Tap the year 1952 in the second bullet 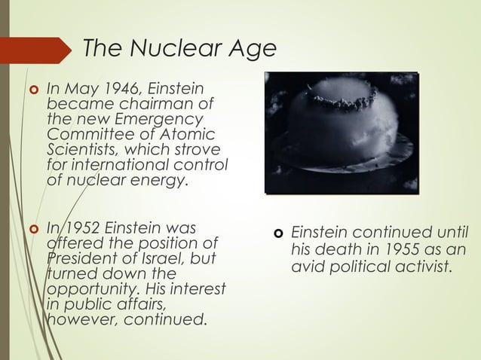[x=81, y=228]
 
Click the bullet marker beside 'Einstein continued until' [x=277, y=233]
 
